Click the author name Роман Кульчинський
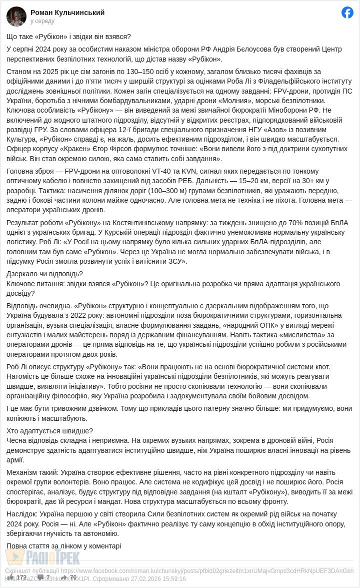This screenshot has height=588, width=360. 67,13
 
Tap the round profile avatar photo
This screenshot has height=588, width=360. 16,17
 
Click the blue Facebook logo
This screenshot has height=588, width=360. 347,13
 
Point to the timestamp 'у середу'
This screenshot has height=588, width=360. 42,21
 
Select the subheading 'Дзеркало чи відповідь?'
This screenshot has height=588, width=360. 44,274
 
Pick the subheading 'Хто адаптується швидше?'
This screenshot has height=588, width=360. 49,431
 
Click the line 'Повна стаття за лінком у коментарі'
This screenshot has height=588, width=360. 63,546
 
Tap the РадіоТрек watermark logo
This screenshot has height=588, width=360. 42,556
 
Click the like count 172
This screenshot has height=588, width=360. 21,577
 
